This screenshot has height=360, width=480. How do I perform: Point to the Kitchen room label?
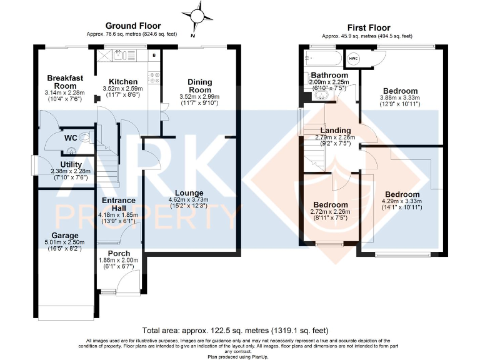(122, 82)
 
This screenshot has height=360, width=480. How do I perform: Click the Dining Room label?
(200, 86)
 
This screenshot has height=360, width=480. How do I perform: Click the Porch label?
(118, 253)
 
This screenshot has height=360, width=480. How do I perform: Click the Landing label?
(334, 130)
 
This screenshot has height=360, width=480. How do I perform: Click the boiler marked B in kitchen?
(154, 56)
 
